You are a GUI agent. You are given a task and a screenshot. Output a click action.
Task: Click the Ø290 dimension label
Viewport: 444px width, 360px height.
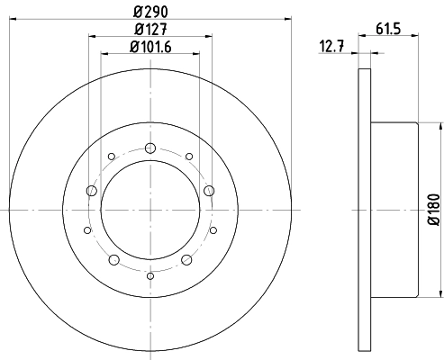coord(150,11)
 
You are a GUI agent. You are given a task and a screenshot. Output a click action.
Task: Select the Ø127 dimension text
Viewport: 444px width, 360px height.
coord(150,30)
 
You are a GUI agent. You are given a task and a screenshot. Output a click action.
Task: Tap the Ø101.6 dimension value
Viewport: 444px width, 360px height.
coord(150,48)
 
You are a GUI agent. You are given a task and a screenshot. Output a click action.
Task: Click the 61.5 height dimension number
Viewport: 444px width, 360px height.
coord(390,29)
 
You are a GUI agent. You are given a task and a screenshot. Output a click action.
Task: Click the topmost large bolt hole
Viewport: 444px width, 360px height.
coord(150,148)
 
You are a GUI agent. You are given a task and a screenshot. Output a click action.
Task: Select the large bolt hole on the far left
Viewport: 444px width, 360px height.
coord(91,190)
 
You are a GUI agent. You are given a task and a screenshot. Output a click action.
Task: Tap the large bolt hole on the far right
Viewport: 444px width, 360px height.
coord(208,190)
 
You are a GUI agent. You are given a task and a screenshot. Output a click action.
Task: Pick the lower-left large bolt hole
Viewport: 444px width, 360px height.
coord(113,259)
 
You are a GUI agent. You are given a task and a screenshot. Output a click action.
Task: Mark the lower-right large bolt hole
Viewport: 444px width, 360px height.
coord(186,259)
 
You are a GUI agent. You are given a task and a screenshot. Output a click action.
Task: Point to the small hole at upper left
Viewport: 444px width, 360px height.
coord(111,157)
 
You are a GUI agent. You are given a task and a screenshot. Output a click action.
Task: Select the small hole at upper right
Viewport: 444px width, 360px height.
coord(188,157)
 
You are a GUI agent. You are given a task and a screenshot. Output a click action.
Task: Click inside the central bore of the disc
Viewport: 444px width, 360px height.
coord(150,210)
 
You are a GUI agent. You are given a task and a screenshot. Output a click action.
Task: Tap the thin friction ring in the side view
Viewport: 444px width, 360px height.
coord(364,209)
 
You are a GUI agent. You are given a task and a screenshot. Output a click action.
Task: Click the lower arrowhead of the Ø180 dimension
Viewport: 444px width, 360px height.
coord(441,292)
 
